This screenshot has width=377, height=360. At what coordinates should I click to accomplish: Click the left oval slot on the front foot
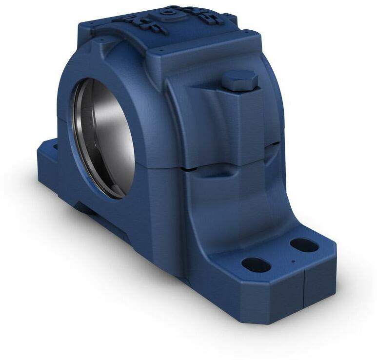point(256,264)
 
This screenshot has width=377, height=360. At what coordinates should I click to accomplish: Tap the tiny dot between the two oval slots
point(292,261)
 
